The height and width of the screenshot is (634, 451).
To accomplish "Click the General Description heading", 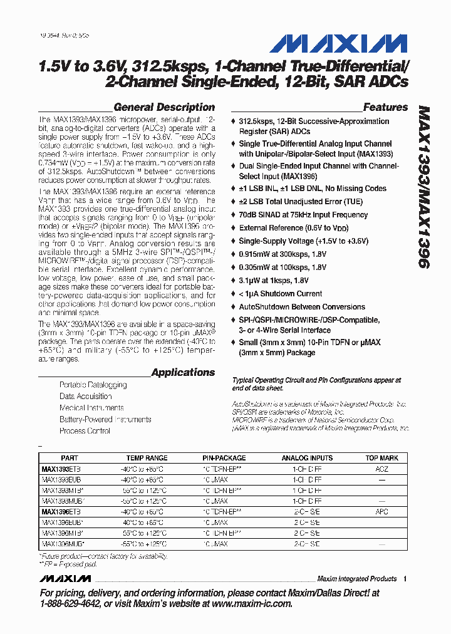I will [x=164, y=107].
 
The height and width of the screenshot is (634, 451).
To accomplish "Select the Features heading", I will [x=385, y=107].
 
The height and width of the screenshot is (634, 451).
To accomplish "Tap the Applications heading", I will [x=183, y=372].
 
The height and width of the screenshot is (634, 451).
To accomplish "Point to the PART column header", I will [x=70, y=458].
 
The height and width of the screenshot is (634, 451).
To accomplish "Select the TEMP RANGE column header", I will [x=147, y=458].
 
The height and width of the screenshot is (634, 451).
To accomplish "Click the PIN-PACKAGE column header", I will [x=224, y=458].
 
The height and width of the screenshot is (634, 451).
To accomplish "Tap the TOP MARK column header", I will [x=382, y=458].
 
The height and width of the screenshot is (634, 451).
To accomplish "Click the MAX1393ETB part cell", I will [x=61, y=469].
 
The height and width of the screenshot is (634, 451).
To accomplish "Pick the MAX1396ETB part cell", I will [x=61, y=512].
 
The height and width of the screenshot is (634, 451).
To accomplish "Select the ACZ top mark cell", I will [x=382, y=469].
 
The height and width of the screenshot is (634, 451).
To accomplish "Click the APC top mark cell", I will [x=382, y=512].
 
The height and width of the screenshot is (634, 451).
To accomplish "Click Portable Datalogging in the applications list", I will [x=93, y=385].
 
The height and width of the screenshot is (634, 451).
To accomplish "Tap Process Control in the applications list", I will [x=85, y=431].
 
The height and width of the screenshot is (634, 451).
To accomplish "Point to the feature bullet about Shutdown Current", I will [x=281, y=294].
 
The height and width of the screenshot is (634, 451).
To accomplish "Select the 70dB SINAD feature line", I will [x=303, y=215].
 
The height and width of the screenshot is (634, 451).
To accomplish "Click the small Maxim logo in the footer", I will [x=65, y=578].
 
